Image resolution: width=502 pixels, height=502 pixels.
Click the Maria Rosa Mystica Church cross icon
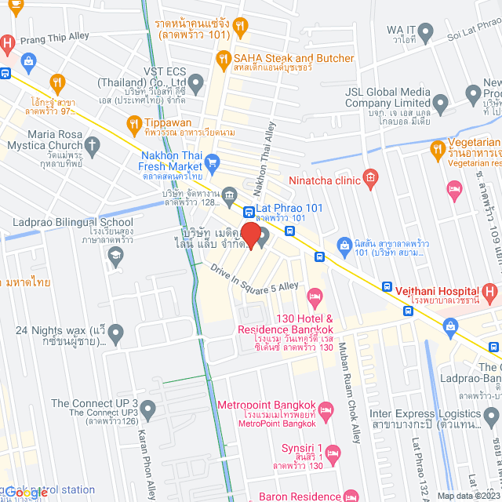93,145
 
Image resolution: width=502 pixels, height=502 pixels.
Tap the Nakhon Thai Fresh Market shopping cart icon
211,162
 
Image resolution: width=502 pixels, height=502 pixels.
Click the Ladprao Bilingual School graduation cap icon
116,255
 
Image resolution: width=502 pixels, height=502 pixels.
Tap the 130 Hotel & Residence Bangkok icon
315,297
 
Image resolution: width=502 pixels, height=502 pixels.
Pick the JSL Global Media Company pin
440,102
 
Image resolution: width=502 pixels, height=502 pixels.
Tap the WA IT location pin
426,32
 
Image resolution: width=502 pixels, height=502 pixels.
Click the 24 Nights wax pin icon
116,335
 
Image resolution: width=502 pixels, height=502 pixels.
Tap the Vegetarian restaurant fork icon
437,148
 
